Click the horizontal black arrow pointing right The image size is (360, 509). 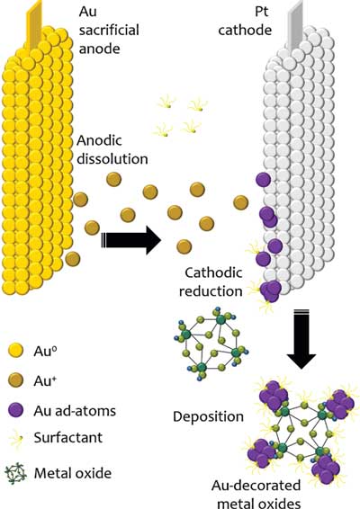pos(130,240)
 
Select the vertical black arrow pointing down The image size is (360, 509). pos(301,339)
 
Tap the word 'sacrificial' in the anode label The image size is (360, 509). pos(109,31)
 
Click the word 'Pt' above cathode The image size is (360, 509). pos(262,12)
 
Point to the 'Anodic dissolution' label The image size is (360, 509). pos(112,149)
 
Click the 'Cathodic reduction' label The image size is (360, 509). pos(211,281)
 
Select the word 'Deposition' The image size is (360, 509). pos(208,416)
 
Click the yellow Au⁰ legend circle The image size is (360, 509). pos(15,351)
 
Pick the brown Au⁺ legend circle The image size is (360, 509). pos(15,380)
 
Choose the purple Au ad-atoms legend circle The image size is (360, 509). pos(15,410)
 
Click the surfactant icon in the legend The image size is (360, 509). pos(17,438)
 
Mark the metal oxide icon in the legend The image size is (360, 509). pos(15,473)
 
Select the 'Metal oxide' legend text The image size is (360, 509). pos(73,473)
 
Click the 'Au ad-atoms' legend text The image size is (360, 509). pos(75,411)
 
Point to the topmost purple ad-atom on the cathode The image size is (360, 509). pos(263,180)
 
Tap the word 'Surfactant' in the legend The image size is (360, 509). pos(68,438)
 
